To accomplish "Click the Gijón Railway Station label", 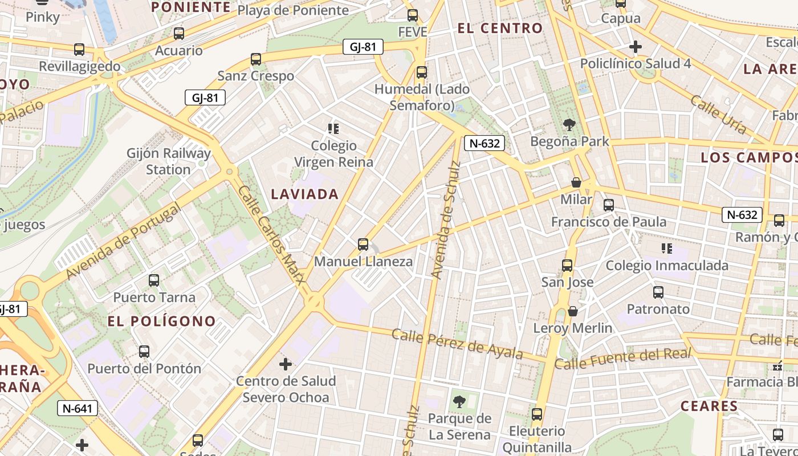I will [x=168, y=161].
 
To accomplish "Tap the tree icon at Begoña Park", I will [x=569, y=124].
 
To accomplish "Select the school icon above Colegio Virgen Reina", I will [x=333, y=129].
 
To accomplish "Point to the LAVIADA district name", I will [x=305, y=194].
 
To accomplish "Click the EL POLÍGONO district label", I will [x=162, y=321].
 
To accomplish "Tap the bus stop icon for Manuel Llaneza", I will [x=363, y=245].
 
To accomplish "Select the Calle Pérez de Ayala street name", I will [x=457, y=344].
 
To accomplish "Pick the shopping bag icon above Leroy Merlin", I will [x=573, y=311].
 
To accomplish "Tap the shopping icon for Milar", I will [x=576, y=182].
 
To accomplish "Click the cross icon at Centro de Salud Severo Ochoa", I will [x=286, y=364].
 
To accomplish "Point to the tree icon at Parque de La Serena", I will [x=459, y=402].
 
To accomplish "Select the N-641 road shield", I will [x=78, y=408].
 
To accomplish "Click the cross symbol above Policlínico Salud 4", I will [x=636, y=47].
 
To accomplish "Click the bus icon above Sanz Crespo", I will [x=256, y=59].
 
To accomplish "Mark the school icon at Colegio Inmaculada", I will [x=666, y=248].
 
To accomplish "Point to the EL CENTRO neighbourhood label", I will [x=500, y=28].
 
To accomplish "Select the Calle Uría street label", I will [x=718, y=115].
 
